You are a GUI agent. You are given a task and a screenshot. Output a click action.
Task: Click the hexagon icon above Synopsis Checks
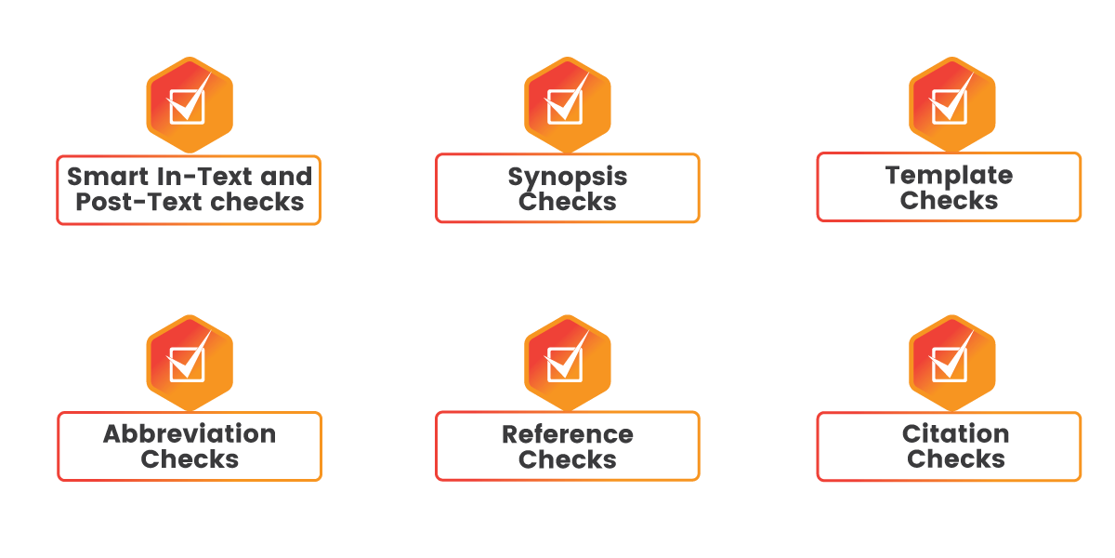click(x=568, y=104)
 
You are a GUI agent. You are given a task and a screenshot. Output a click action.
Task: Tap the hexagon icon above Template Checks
click(x=952, y=104)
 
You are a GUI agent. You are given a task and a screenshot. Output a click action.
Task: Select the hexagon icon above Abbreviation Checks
click(x=190, y=363)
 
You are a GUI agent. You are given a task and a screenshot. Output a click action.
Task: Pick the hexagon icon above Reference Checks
click(x=568, y=363)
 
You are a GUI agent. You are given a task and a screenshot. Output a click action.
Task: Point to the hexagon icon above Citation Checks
click(x=952, y=363)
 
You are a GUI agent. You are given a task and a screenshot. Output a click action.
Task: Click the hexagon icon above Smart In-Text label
click(x=190, y=104)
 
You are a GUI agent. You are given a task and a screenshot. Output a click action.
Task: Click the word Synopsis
click(x=568, y=178)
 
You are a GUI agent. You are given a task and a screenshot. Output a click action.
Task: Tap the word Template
click(x=949, y=177)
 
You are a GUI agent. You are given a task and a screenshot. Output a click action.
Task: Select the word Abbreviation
click(x=190, y=433)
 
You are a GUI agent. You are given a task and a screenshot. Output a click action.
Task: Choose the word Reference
click(x=568, y=434)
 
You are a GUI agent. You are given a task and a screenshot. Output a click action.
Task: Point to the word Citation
click(x=956, y=433)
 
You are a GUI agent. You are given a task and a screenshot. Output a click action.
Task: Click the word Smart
click(x=108, y=177)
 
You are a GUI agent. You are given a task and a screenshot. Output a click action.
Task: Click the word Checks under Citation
click(x=956, y=458)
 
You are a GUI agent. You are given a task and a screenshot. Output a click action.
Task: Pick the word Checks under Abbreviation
click(x=190, y=458)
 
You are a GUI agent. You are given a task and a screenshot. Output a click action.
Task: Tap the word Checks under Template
click(x=949, y=200)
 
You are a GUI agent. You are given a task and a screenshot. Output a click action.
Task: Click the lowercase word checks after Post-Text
click(x=256, y=202)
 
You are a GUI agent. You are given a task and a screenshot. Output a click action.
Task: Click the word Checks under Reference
click(x=568, y=459)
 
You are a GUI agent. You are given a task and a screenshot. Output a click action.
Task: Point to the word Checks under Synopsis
click(x=568, y=202)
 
